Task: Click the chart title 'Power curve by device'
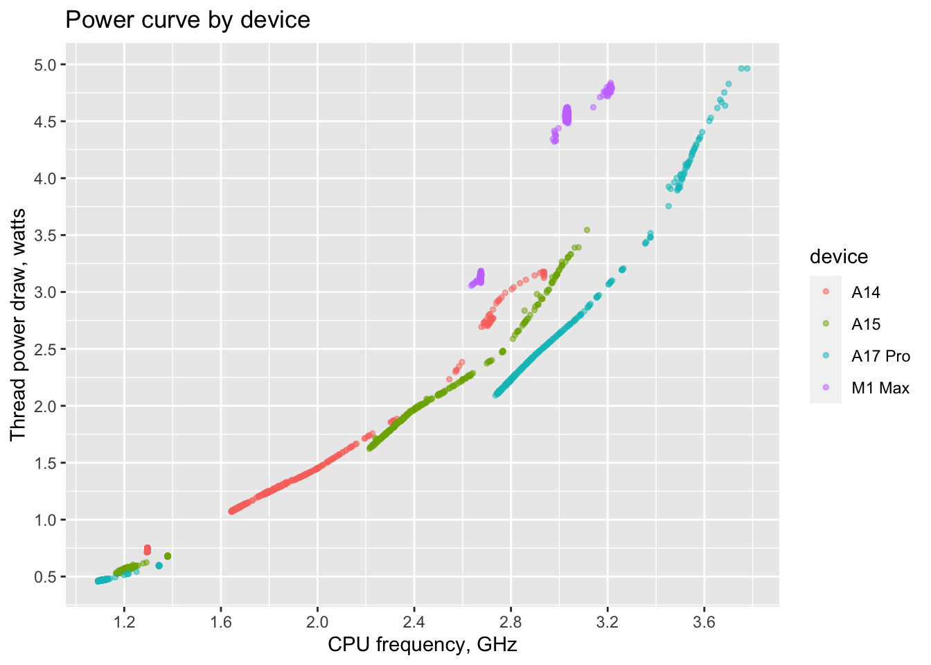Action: point(187,20)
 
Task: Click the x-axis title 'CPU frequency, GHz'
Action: point(422,645)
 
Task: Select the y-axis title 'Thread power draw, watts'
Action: point(18,324)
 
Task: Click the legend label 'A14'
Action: point(865,292)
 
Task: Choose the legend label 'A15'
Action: point(865,324)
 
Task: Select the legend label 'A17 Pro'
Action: point(880,356)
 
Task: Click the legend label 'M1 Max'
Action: point(880,388)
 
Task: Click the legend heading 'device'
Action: point(838,257)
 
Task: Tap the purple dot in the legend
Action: point(825,388)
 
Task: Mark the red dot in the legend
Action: point(825,292)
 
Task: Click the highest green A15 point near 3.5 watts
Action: point(587,230)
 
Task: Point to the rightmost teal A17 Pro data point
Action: point(747,69)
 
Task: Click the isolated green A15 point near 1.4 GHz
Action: point(168,556)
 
